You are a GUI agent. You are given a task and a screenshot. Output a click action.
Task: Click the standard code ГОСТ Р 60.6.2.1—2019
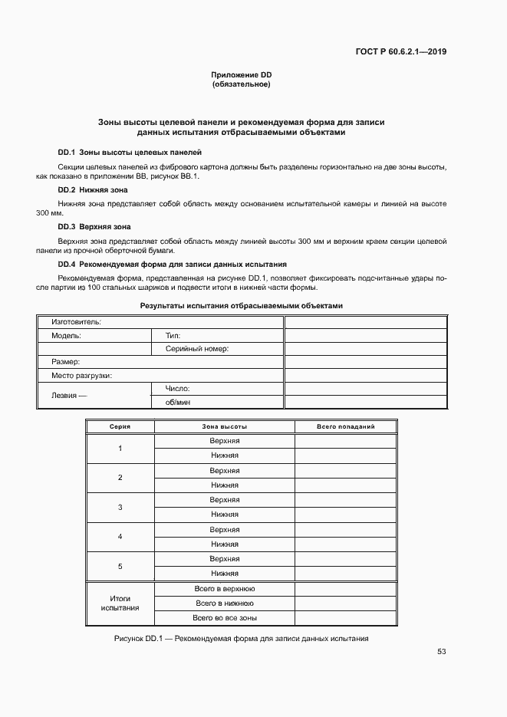pos(401,52)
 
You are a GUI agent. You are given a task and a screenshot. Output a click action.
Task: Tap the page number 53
pos(442,652)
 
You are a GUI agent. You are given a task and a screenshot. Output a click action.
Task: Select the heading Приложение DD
pos(242,74)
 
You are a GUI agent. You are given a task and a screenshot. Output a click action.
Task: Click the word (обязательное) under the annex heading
pos(241,84)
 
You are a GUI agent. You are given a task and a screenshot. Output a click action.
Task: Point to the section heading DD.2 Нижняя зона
pos(93,189)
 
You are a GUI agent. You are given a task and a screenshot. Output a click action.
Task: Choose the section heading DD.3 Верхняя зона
pos(94,227)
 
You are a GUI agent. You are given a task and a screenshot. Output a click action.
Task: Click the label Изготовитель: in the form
pos(77,322)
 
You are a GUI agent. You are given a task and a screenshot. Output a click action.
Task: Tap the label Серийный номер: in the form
pos(197,348)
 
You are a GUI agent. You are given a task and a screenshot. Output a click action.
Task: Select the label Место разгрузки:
pos(82,375)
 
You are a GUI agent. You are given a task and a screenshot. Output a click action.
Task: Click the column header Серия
pos(120,426)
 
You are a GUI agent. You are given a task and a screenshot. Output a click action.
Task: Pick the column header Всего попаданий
pos(345,426)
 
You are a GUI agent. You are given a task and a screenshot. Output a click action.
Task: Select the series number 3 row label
pos(120,508)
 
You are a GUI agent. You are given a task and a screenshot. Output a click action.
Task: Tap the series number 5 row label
pos(120,566)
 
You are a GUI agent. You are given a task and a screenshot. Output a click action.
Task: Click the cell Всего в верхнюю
pos(225,589)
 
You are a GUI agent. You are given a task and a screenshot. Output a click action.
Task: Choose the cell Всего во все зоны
pos(225,617)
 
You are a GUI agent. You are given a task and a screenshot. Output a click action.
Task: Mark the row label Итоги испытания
pos(120,603)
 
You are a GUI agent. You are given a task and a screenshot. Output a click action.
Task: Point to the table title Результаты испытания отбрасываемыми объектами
pos(241,305)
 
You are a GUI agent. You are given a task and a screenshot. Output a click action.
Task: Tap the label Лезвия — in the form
pos(69,396)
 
